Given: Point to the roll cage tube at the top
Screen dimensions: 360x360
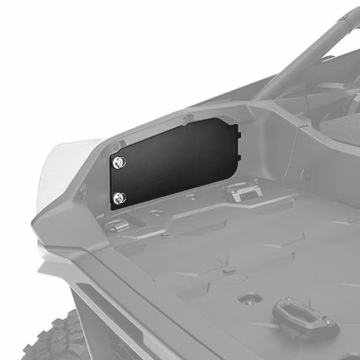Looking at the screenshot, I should [x=309, y=51].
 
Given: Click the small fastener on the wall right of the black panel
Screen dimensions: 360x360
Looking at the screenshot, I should [x=306, y=175].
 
